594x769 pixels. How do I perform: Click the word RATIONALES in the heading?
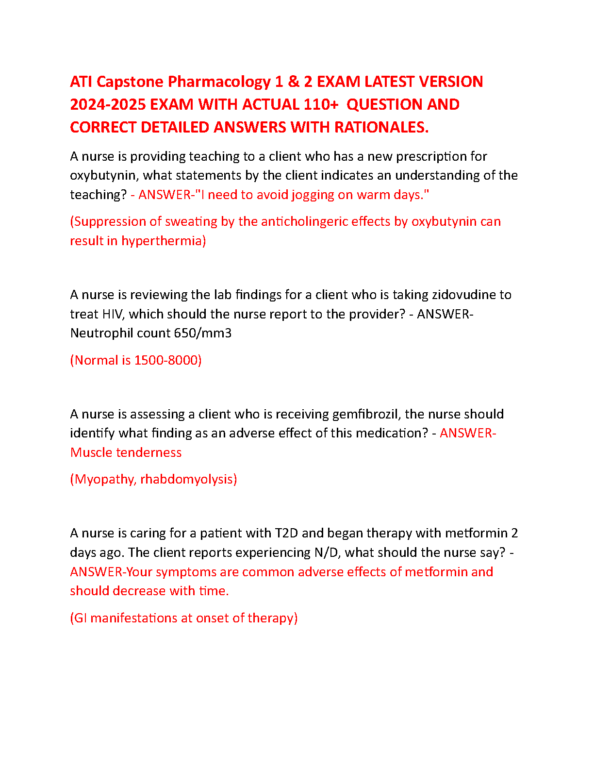pyautogui.click(x=381, y=127)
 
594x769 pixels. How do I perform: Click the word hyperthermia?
pyautogui.click(x=163, y=241)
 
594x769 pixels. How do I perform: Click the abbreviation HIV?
pyautogui.click(x=113, y=314)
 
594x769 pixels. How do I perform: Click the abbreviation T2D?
pyautogui.click(x=286, y=533)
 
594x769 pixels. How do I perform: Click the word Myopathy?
pyautogui.click(x=103, y=479)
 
